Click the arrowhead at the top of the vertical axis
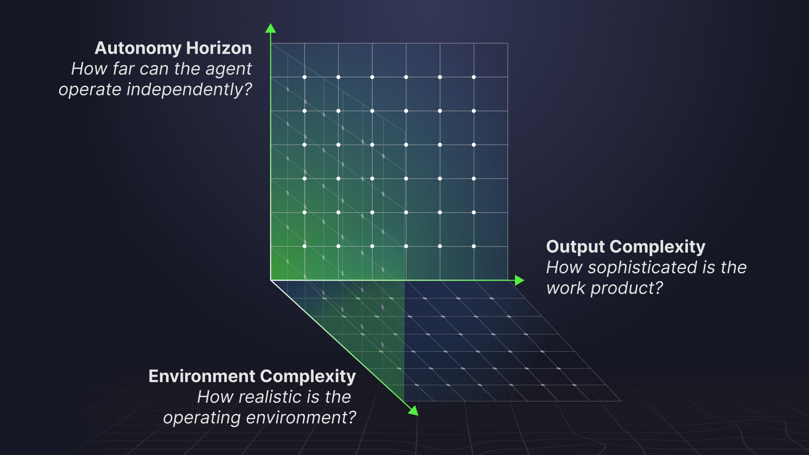tap(271, 28)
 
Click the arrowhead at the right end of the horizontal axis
tap(519, 280)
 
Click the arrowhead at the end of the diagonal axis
tap(414, 411)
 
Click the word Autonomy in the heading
tap(138, 48)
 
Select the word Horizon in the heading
tap(219, 48)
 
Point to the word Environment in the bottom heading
tap(202, 376)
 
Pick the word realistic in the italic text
tap(274, 397)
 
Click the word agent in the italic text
tap(228, 69)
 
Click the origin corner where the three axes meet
tap(271, 280)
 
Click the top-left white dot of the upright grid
tap(305, 77)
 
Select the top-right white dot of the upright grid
tap(474, 77)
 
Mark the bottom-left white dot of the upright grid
tap(305, 246)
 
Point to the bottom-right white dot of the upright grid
tap(474, 246)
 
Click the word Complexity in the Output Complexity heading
tap(657, 247)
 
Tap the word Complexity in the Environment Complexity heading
tap(308, 377)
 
